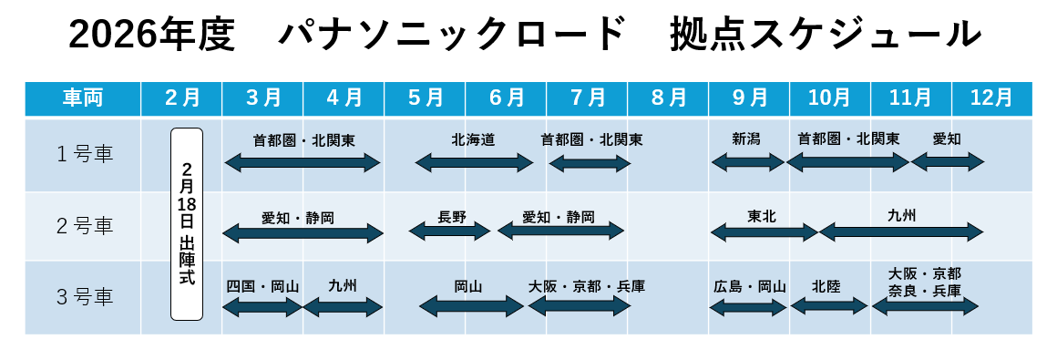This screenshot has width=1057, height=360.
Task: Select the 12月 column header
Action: [x=991, y=98]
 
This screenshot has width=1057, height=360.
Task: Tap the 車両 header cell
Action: [x=82, y=98]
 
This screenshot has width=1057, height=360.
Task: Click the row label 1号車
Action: [x=83, y=154]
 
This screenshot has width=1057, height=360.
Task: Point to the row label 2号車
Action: [x=83, y=226]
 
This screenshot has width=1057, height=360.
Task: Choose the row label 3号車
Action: [x=83, y=296]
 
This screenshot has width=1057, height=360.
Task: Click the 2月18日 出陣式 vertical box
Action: [x=187, y=224]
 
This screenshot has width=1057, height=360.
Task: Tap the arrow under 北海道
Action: [x=474, y=162]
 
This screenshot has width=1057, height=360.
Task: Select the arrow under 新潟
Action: [x=747, y=162]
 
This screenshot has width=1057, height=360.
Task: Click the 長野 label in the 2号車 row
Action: [x=451, y=218]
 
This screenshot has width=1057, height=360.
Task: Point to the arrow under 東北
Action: [x=764, y=232]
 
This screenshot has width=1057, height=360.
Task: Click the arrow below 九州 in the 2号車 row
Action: [x=901, y=232]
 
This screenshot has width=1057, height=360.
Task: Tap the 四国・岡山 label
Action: [x=262, y=286]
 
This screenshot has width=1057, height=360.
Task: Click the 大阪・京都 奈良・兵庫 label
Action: [x=924, y=283]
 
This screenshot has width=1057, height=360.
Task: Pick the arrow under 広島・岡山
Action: [x=747, y=307]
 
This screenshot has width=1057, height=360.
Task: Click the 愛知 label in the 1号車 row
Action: [x=947, y=139]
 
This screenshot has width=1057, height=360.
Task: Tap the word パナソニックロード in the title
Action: [x=452, y=36]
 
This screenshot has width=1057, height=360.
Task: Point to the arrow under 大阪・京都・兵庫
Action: [x=579, y=306]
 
